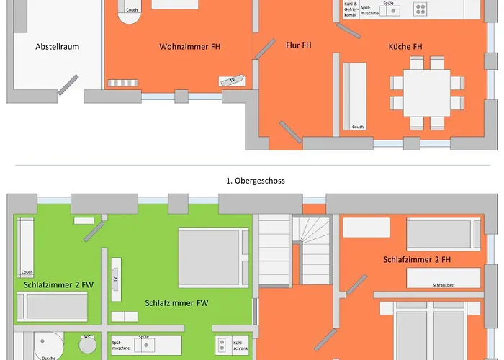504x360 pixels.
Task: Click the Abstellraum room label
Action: click(x=57, y=47)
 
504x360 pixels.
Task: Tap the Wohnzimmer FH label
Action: click(x=190, y=47)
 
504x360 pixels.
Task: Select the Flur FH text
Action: click(x=297, y=45)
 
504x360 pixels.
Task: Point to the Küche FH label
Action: click(x=405, y=47)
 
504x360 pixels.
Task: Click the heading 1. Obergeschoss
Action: click(x=256, y=181)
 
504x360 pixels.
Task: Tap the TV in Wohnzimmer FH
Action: click(x=233, y=80)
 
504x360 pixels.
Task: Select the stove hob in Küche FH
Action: click(x=420, y=9)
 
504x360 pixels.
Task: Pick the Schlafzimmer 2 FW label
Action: click(x=58, y=284)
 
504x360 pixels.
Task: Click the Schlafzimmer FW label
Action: click(x=176, y=303)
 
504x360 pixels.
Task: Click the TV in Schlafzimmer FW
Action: click(x=114, y=279)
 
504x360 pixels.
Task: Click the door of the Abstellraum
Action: click(x=68, y=84)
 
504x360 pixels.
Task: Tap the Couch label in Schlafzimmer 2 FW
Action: click(x=27, y=272)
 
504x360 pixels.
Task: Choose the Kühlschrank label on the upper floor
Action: click(x=240, y=346)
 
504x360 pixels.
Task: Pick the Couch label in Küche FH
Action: click(x=358, y=127)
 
